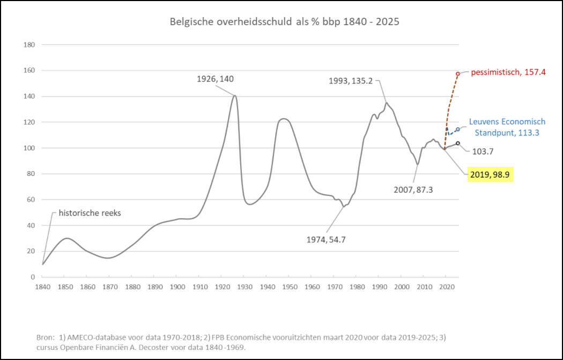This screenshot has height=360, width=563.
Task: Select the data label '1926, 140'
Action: click(216, 79)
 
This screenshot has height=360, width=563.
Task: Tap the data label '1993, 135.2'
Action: click(352, 80)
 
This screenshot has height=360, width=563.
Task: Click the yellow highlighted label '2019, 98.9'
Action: click(490, 174)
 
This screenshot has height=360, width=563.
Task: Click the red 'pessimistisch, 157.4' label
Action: click(508, 72)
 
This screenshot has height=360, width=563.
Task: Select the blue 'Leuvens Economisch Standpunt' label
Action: click(507, 127)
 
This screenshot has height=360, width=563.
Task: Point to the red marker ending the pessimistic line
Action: click(458, 74)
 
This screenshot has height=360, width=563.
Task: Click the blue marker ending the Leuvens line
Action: click(458, 130)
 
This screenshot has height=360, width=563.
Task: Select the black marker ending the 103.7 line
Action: click(458, 143)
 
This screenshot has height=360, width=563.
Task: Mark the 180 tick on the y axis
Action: click(30, 45)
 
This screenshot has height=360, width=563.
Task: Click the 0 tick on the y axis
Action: click(33, 277)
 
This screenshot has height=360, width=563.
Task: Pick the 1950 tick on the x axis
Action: click(288, 287)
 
